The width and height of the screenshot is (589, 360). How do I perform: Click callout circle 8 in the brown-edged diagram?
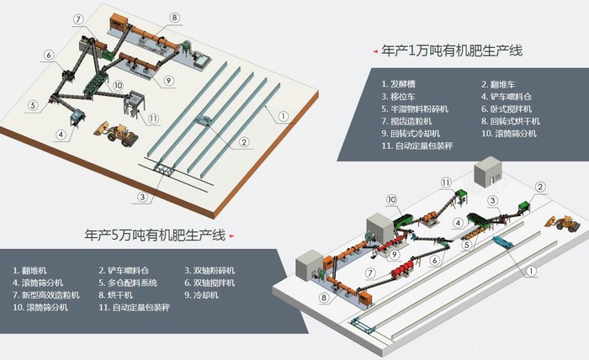point(174,17)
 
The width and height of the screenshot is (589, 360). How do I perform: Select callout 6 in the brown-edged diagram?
point(50,56)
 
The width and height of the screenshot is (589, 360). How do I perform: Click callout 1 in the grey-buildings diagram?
point(530,272)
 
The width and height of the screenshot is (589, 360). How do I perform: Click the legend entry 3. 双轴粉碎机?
point(210,271)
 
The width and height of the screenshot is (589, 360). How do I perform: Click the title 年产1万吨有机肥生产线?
point(453,51)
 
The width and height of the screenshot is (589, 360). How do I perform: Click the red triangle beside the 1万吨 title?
point(374,52)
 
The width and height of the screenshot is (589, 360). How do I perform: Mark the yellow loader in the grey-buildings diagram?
point(563,221)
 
